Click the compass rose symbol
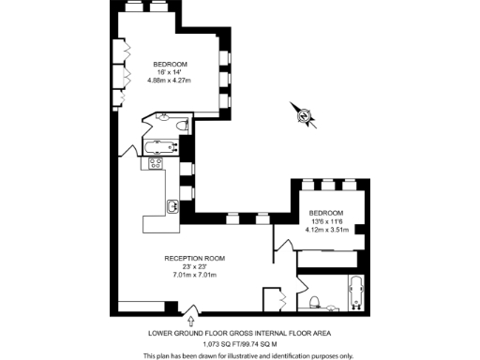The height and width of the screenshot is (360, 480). point(304,114)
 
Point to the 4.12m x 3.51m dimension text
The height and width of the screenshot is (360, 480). point(327,229)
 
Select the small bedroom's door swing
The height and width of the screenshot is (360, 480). point(280,242)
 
